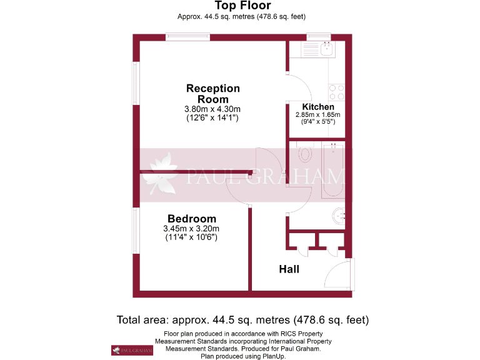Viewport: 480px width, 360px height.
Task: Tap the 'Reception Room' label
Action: click(212, 94)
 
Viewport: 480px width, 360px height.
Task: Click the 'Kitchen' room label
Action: click(317, 107)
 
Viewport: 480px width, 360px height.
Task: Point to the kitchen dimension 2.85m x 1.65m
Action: click(317, 115)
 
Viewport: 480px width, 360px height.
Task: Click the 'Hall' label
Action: click(289, 269)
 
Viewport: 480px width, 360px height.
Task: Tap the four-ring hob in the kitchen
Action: click(336, 92)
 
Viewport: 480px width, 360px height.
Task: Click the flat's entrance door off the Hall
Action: click(341, 273)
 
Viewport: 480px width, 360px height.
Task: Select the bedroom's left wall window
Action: click(135, 231)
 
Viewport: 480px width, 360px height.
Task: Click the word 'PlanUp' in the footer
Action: click(272, 356)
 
